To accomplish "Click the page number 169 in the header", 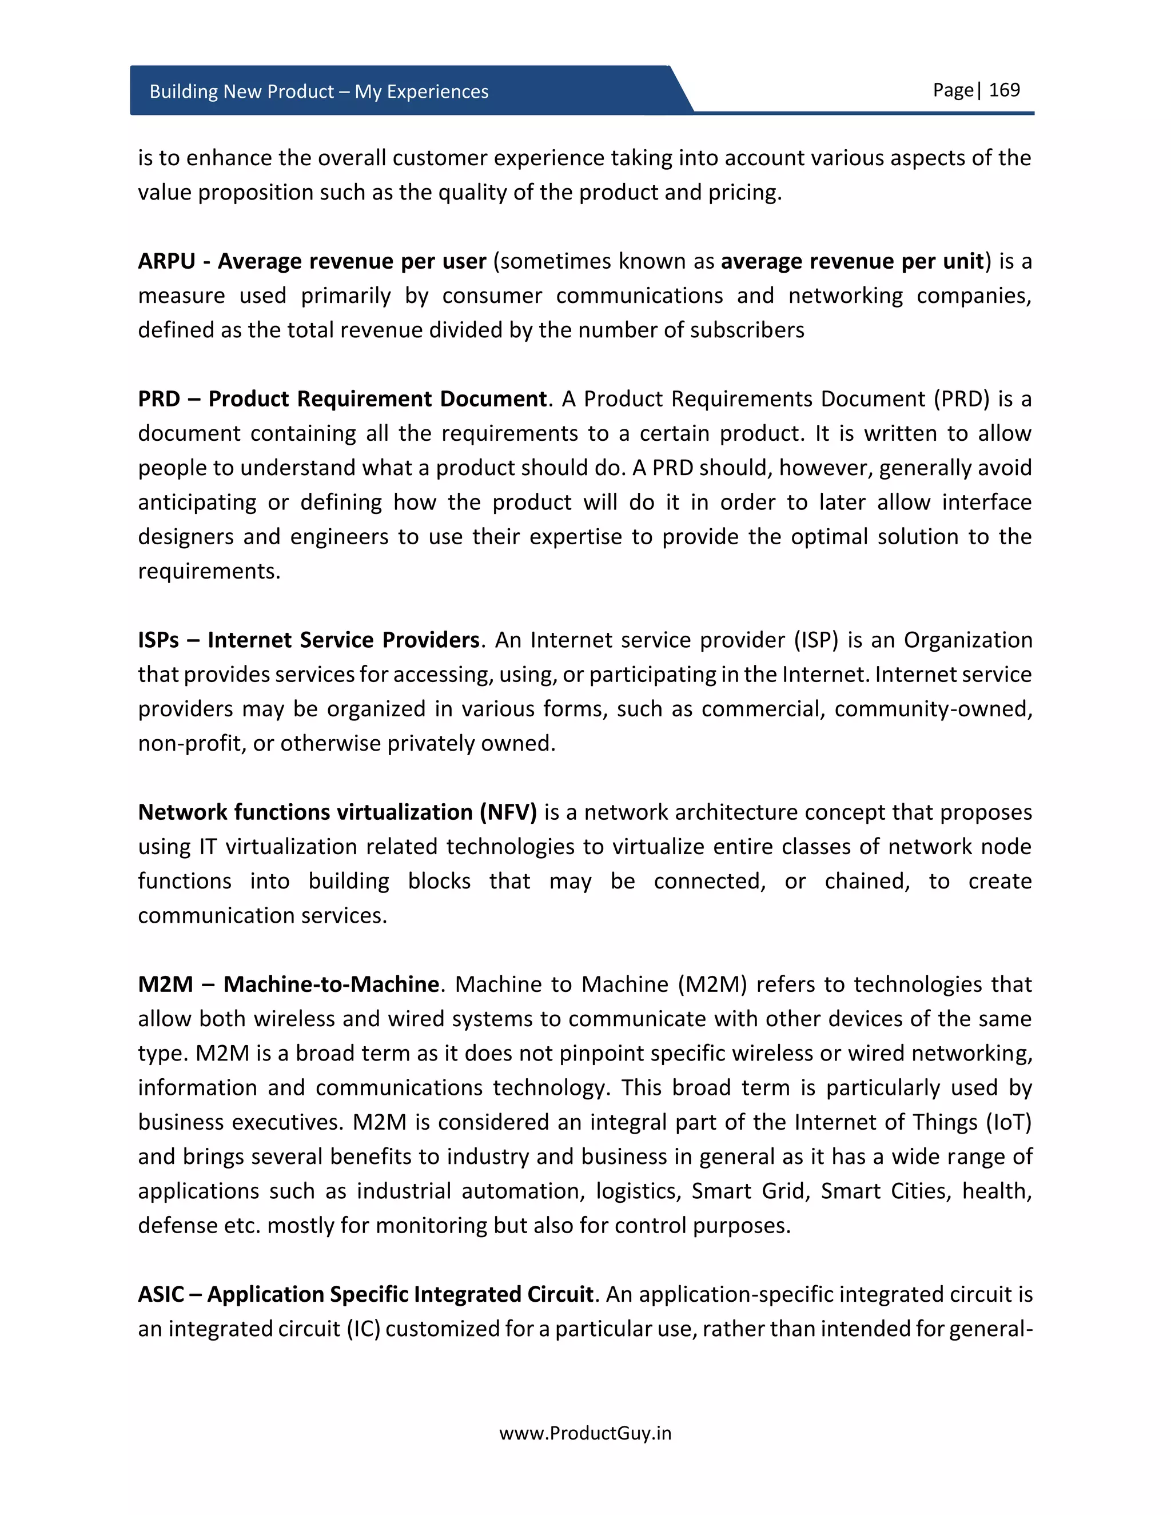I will (1004, 90).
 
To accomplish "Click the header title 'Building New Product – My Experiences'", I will (318, 91).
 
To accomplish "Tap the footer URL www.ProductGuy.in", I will (585, 1433).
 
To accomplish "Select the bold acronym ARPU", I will (166, 261).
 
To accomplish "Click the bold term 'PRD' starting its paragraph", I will (159, 399).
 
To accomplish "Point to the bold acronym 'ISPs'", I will (158, 640).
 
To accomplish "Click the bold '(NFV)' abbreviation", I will (508, 812).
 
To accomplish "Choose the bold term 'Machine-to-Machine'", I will (331, 984).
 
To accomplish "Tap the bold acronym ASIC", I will (161, 1294).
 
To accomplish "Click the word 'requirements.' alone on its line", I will (209, 572).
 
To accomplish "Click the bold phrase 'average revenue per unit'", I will (852, 261).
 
